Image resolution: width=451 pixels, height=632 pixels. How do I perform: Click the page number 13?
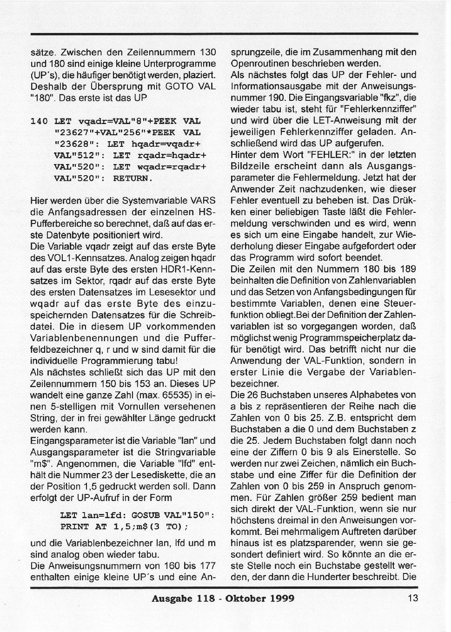[413, 598]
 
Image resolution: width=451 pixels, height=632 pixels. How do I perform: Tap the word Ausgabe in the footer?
[171, 599]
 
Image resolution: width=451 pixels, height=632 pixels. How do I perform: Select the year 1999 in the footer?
[281, 599]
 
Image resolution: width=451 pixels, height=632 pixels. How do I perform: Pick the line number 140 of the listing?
[39, 121]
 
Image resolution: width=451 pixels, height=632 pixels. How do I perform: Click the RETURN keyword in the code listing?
[133, 178]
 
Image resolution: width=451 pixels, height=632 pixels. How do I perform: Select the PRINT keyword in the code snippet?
[74, 527]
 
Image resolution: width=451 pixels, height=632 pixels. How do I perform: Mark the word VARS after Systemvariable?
[202, 201]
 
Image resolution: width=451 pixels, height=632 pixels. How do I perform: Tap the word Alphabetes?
[364, 395]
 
